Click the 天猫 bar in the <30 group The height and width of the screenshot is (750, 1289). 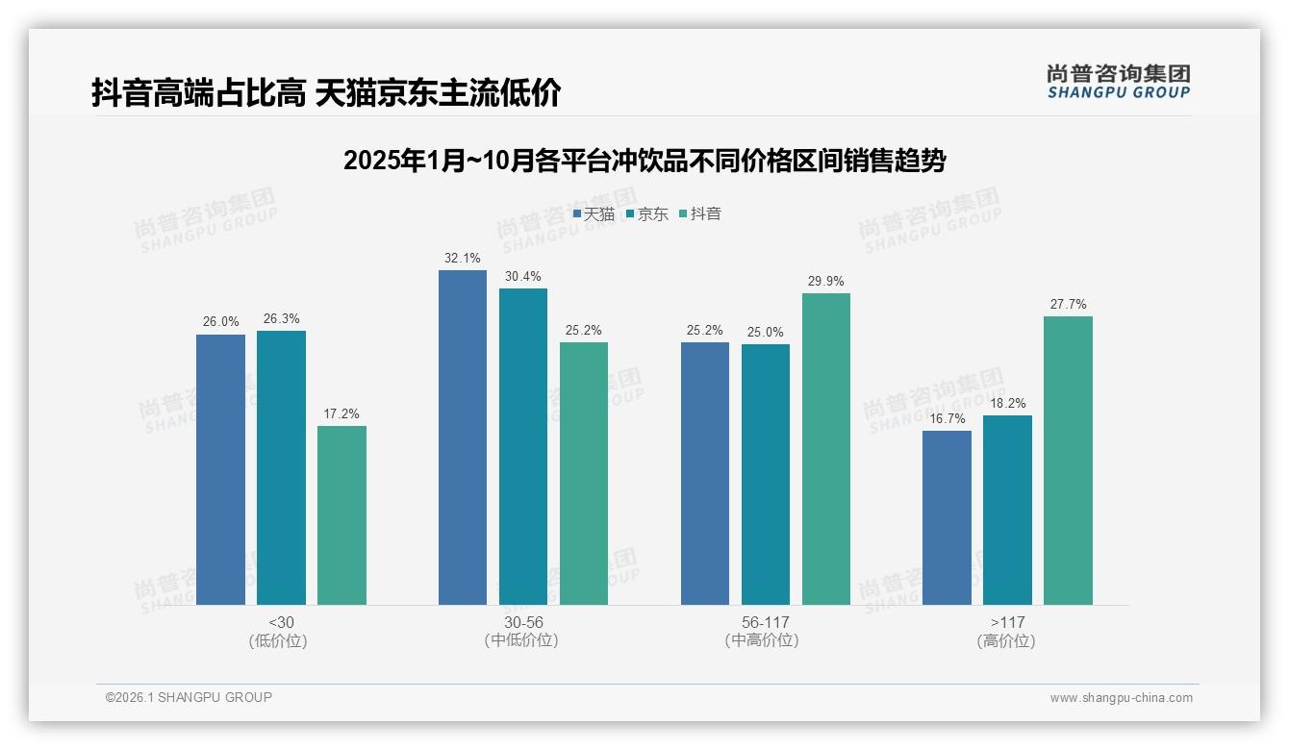tap(220, 469)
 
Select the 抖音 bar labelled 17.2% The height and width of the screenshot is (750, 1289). tap(341, 515)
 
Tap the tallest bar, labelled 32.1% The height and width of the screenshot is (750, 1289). tap(463, 437)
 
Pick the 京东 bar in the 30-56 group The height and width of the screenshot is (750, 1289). tap(523, 446)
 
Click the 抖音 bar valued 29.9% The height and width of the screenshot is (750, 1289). tap(826, 449)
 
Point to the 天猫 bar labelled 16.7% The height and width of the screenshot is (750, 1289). tap(947, 517)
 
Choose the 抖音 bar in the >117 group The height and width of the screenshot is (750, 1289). tap(1068, 461)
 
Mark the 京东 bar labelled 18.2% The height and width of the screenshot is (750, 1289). tap(1007, 510)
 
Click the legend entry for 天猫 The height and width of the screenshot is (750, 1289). tap(594, 213)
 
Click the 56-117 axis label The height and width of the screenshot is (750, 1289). tap(766, 622)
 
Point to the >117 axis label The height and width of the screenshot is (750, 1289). tap(1006, 622)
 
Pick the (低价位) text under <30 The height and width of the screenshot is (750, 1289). tap(279, 640)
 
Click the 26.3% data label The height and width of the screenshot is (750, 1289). tap(281, 318)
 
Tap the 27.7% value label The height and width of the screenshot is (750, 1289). tap(1068, 304)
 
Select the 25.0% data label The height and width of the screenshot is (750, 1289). tap(766, 332)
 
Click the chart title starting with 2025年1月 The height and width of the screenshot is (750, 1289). tap(644, 161)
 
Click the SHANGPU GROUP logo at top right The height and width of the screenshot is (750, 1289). tap(1118, 81)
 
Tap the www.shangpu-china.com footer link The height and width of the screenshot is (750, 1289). tap(1121, 698)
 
